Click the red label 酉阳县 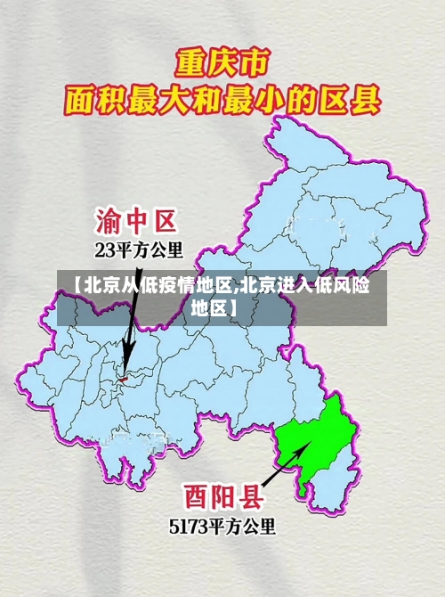click(222, 495)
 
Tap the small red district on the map click(125, 379)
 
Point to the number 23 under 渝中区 click(104, 249)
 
